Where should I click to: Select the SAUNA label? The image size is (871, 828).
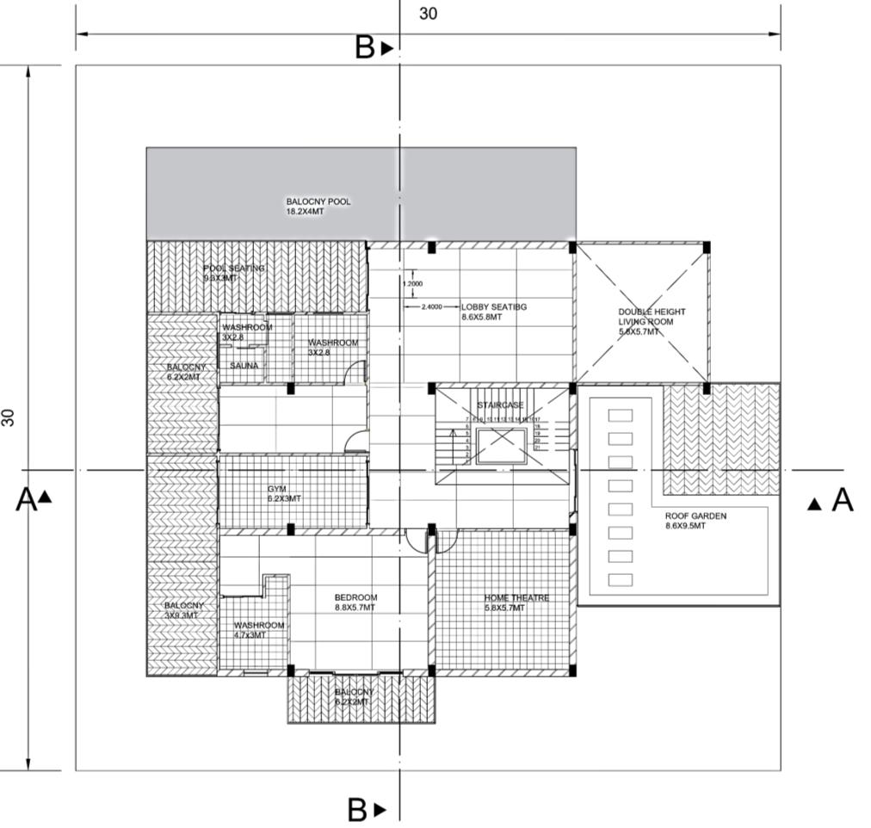[244, 366]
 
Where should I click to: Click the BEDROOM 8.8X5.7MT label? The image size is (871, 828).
[355, 602]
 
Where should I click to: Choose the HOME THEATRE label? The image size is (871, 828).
[516, 602]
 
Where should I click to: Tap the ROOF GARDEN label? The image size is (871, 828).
[695, 521]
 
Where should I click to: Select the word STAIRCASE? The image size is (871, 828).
[500, 405]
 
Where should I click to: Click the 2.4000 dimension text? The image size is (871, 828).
[432, 306]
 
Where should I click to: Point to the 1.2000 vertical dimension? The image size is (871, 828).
[412, 282]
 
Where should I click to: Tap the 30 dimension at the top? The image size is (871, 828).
[428, 14]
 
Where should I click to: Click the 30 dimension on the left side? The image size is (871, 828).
[9, 417]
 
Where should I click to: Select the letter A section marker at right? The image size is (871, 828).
[841, 500]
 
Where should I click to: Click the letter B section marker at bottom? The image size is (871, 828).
[357, 810]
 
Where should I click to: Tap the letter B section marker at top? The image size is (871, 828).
[365, 48]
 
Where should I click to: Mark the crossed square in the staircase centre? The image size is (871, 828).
[501, 446]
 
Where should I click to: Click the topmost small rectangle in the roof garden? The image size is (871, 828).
[620, 415]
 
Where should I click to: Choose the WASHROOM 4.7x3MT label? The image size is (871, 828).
[259, 630]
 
